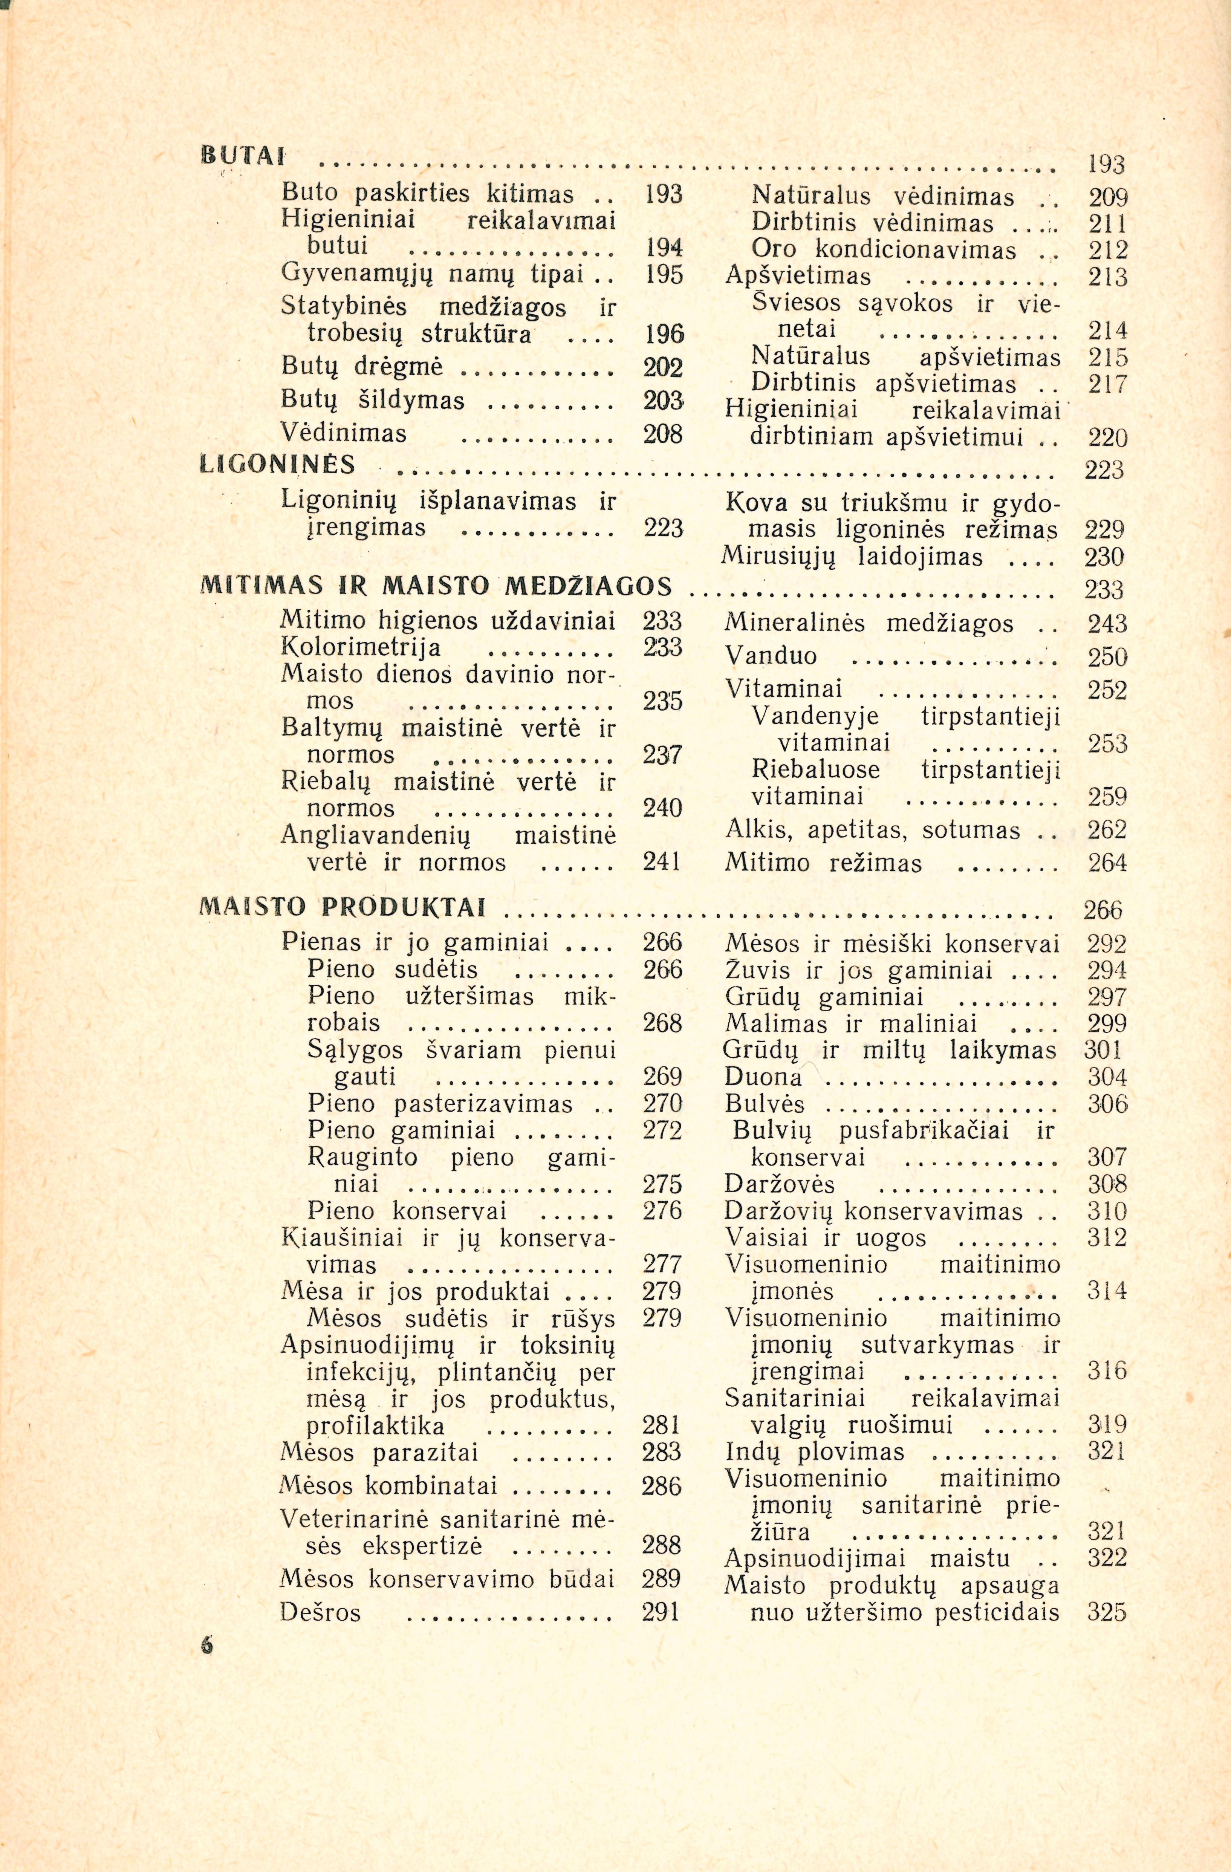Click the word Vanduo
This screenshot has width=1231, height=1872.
tap(771, 656)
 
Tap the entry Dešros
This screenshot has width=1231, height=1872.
tap(320, 1612)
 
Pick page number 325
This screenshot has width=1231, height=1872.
tap(1107, 1612)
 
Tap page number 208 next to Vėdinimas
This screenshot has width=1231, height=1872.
tap(662, 433)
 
